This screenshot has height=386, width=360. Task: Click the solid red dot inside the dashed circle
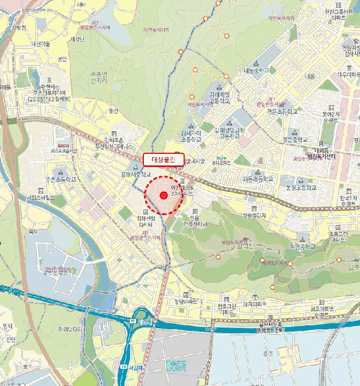pos(164,195)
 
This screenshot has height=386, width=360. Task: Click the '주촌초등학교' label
pos(60,179)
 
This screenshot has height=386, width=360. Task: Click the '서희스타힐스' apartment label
pos(40,197)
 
